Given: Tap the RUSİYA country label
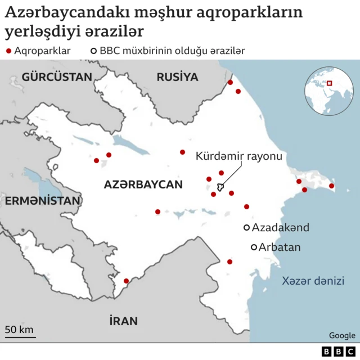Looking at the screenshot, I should (x=178, y=76).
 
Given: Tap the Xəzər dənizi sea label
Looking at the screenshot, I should (x=313, y=281).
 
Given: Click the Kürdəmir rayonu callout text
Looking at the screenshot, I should (x=239, y=156).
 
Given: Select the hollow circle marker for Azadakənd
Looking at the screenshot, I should (x=246, y=227).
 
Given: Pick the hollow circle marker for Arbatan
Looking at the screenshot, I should (x=254, y=247).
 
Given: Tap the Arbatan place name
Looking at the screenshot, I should (x=280, y=247).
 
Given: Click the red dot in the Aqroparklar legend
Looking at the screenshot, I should (x=8, y=51).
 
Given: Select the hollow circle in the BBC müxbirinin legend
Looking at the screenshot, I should (x=93, y=51).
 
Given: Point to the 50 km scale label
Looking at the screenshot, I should (x=20, y=329).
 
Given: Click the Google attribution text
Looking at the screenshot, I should (x=342, y=335).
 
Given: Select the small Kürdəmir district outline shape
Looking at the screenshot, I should (x=220, y=187).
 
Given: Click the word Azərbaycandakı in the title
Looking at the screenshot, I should (x=55, y=12).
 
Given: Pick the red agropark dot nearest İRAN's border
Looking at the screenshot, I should (x=126, y=281).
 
